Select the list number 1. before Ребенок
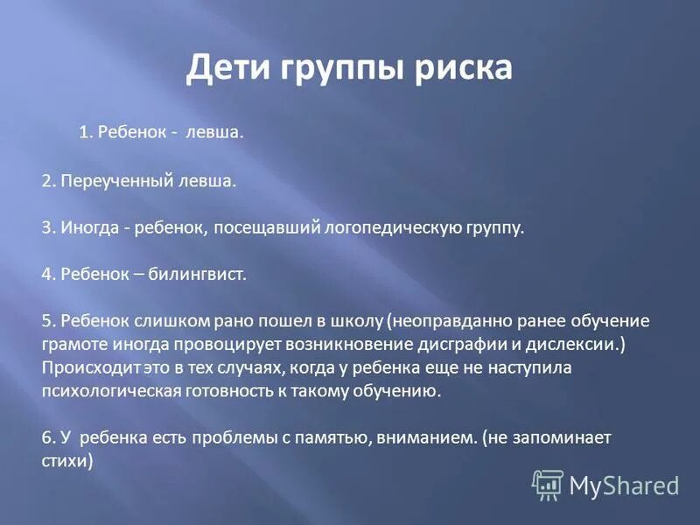click(x=86, y=133)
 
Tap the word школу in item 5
click(x=358, y=320)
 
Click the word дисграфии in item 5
click(x=463, y=343)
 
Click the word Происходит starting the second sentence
click(x=85, y=367)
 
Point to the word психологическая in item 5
click(x=110, y=390)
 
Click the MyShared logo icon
click(x=548, y=484)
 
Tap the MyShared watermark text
click(x=624, y=484)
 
